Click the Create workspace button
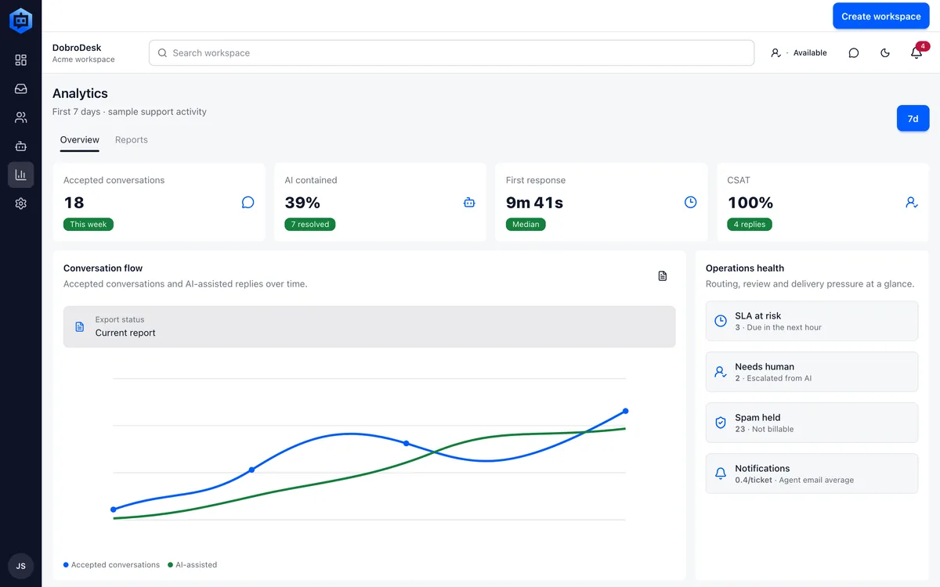[880, 16]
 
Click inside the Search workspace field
[451, 53]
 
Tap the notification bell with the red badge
[916, 52]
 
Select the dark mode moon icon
[885, 53]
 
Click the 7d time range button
[913, 118]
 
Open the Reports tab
[132, 139]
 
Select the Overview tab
[80, 139]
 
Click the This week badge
[88, 225]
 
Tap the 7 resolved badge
[309, 225]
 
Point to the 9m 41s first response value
[534, 203]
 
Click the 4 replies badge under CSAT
[750, 225]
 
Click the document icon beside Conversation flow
[662, 275]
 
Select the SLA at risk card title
[758, 315]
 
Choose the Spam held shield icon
[721, 423]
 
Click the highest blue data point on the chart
[625, 411]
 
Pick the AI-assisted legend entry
[192, 565]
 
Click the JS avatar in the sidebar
[20, 566]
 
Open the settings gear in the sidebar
[20, 203]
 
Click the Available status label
[810, 53]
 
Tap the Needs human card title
[765, 366]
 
